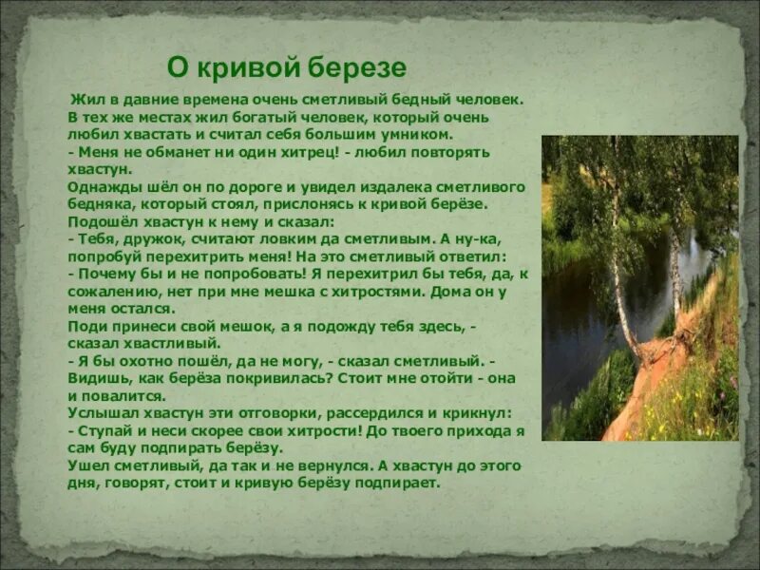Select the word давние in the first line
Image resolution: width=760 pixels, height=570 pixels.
click(158, 99)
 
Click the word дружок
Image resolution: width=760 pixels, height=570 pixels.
click(142, 239)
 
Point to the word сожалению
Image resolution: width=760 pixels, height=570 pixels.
click(109, 291)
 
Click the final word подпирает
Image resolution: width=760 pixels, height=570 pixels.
click(399, 483)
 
